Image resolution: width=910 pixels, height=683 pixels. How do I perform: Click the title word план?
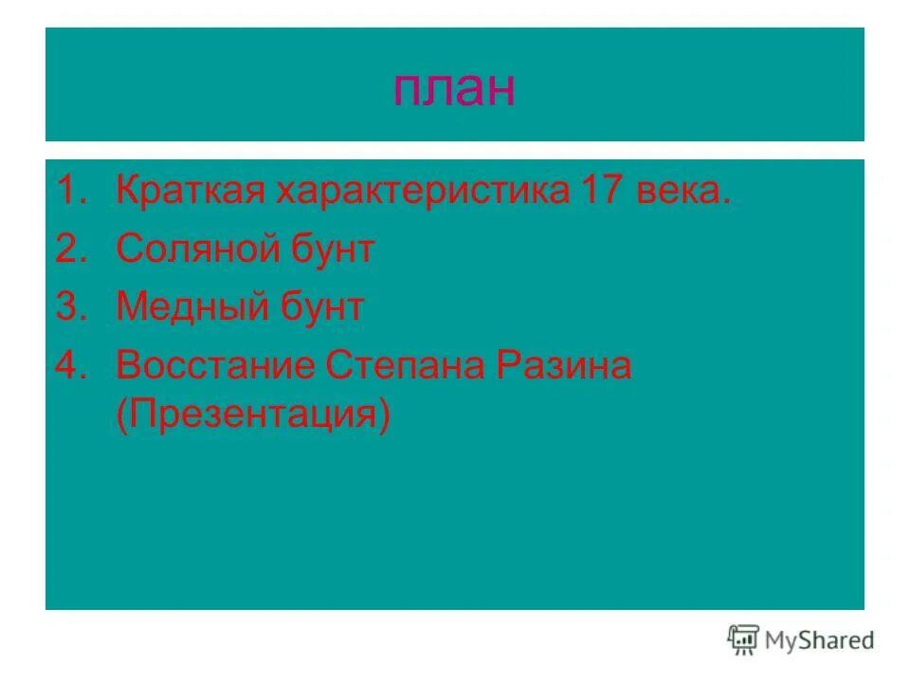click(x=454, y=89)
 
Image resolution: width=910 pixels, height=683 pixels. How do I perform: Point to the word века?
click(x=680, y=194)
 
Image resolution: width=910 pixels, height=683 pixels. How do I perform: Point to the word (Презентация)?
click(x=253, y=416)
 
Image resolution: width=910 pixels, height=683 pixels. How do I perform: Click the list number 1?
click(x=68, y=192)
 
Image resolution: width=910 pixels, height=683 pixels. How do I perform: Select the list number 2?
click(x=68, y=249)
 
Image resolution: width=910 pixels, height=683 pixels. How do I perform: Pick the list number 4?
click(x=68, y=365)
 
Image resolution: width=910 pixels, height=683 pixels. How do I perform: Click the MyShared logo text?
click(x=821, y=641)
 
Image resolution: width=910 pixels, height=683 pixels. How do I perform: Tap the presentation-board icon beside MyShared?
click(x=744, y=640)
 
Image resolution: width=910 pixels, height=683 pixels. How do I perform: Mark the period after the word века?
click(x=727, y=202)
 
